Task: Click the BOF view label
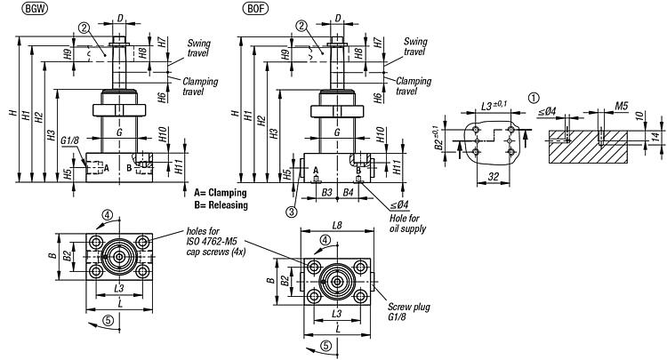(x=254, y=9)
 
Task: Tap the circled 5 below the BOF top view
(x=328, y=346)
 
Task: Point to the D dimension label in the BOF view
(x=338, y=17)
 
